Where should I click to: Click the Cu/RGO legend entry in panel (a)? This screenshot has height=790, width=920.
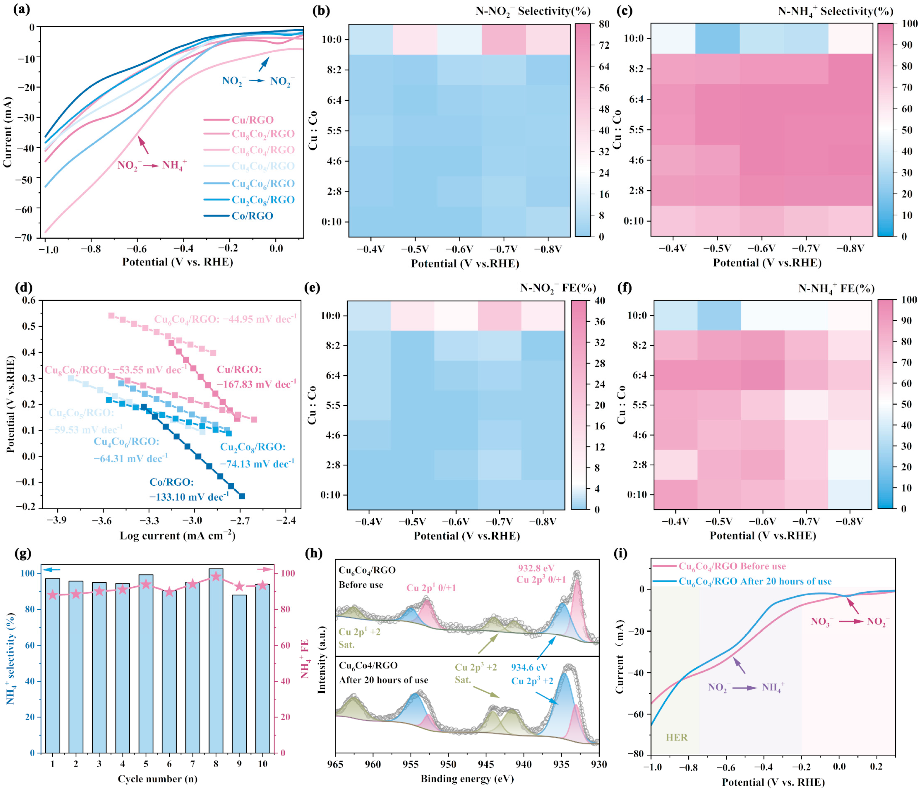point(252,120)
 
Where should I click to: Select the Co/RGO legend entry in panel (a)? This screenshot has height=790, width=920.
point(252,216)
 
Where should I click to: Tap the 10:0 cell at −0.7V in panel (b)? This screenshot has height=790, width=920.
point(503,39)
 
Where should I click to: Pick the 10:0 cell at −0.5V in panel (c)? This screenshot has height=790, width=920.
point(717,39)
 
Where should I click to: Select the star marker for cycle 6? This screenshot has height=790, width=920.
point(169,592)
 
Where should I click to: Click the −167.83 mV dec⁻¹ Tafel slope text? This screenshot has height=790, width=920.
point(256,384)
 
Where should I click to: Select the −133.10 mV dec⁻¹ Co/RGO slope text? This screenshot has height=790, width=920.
point(189,497)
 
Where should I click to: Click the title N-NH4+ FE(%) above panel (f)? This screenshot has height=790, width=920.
point(836,289)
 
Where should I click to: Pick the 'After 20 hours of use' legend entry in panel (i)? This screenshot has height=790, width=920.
point(755,581)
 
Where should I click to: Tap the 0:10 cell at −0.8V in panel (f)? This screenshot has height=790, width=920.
point(850,494)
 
